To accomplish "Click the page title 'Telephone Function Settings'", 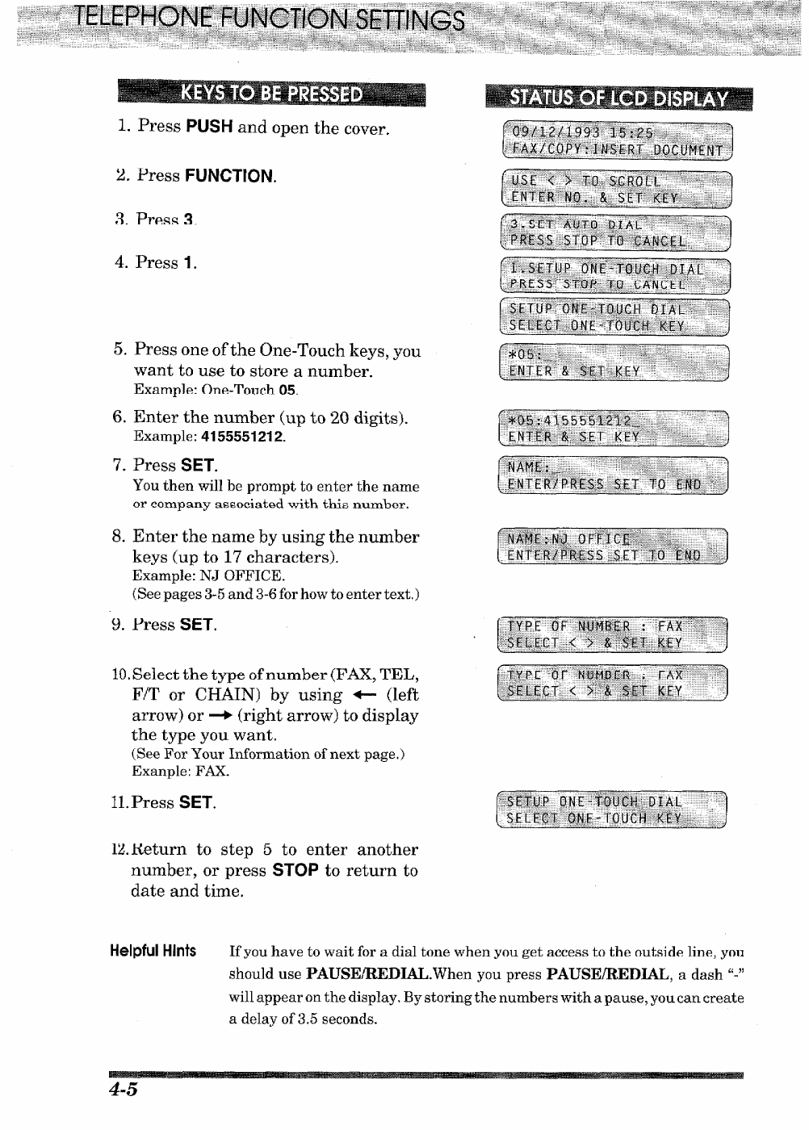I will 270,19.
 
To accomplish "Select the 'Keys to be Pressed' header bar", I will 271,94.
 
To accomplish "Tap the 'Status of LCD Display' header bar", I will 618,98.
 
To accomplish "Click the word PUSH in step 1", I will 209,127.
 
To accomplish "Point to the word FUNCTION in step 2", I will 229,176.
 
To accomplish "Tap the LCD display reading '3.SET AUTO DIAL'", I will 615,233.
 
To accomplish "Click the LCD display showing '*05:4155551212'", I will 614,429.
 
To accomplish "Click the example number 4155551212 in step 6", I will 242,437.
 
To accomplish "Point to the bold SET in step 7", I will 198,466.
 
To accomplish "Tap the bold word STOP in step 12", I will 295,871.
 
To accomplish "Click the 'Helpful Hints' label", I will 153,951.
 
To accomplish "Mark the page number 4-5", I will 124,1090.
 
